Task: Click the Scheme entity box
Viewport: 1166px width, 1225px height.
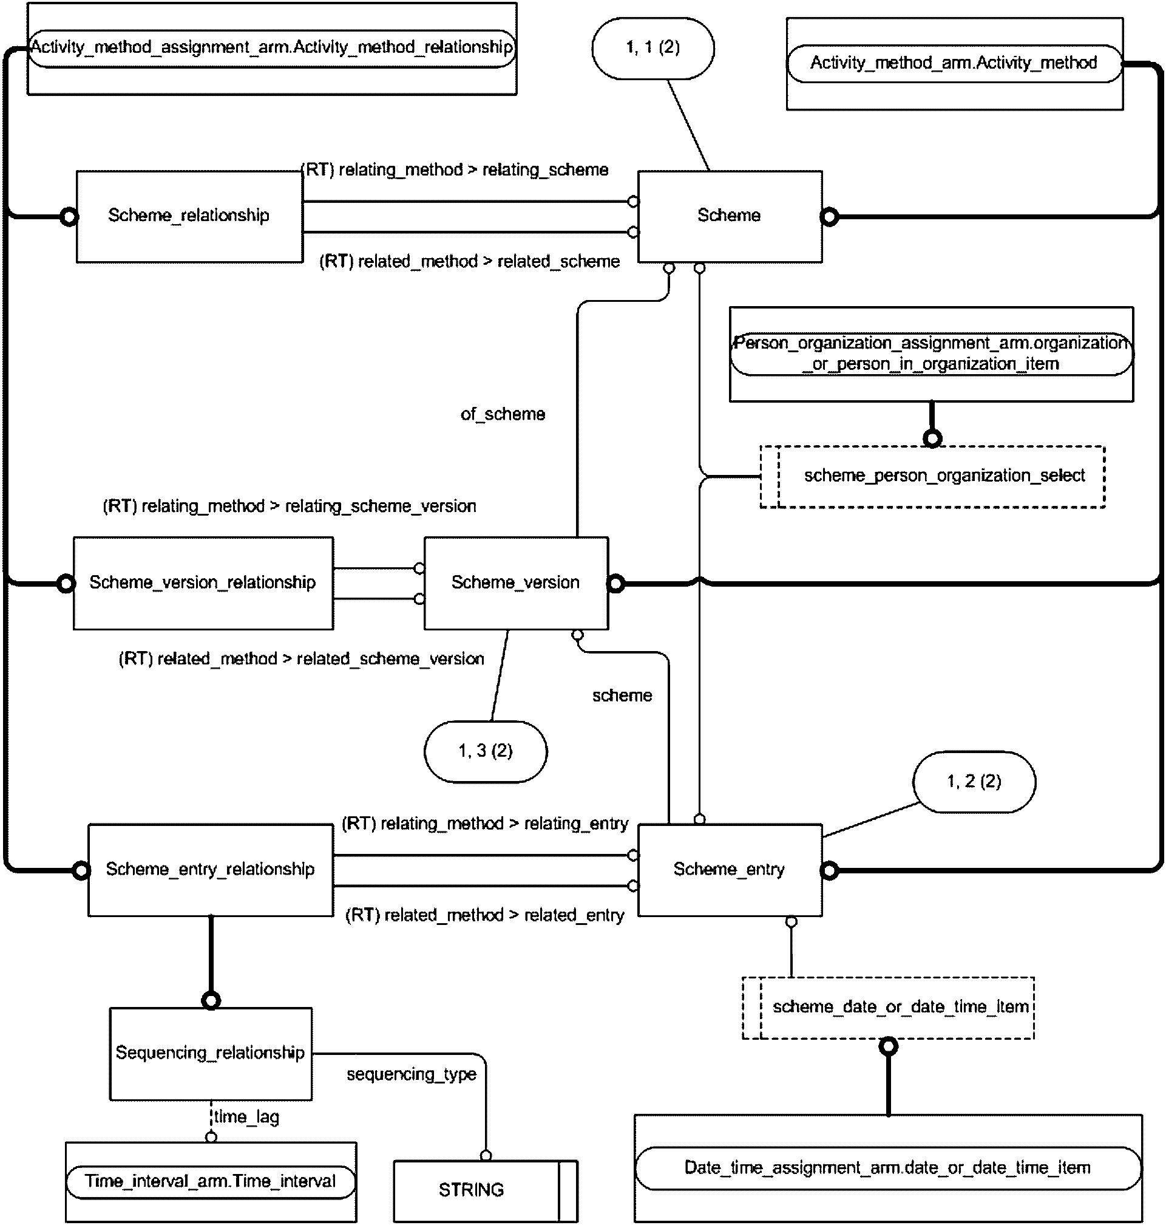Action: (x=730, y=216)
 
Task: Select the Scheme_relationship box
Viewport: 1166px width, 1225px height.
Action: (x=189, y=216)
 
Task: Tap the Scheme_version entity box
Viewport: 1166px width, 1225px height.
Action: (x=516, y=583)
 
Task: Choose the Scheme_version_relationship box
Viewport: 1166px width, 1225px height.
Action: (x=203, y=583)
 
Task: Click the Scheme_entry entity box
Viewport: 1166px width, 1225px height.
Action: (x=730, y=870)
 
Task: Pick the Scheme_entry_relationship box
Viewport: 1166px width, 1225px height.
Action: (x=211, y=870)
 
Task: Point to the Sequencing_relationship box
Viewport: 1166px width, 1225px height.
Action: (x=211, y=1053)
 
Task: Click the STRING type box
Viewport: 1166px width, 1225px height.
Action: (x=486, y=1191)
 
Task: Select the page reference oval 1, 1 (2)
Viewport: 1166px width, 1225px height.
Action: (x=653, y=49)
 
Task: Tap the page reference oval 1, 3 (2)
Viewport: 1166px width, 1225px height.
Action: (x=486, y=751)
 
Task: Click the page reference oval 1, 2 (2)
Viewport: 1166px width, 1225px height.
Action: (x=974, y=782)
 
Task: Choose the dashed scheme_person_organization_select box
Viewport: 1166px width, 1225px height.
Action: (x=932, y=477)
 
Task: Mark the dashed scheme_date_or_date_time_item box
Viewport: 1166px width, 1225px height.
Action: (x=888, y=1008)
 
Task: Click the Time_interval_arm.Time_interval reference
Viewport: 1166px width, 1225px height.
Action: (x=211, y=1182)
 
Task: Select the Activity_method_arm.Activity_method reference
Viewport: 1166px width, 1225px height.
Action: (x=955, y=63)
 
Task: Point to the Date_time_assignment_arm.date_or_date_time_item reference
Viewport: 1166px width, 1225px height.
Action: (x=888, y=1169)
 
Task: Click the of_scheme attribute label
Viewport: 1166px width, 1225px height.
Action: (x=503, y=414)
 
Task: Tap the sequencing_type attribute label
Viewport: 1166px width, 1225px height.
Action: (x=412, y=1074)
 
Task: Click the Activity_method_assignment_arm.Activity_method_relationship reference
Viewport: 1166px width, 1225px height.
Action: (x=273, y=48)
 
